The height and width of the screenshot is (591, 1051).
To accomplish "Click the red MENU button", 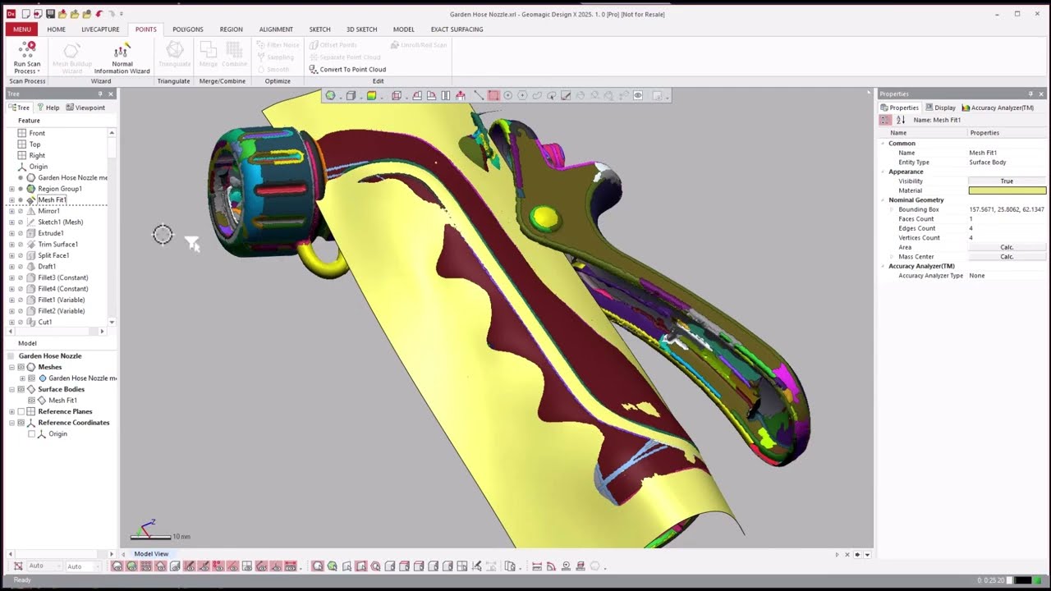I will [21, 29].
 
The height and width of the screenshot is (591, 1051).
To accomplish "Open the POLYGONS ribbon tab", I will [188, 29].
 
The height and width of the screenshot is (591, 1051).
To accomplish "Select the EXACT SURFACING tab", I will [457, 29].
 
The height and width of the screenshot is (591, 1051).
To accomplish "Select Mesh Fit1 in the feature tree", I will [52, 199].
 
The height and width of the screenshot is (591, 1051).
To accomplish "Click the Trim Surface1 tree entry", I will [57, 244].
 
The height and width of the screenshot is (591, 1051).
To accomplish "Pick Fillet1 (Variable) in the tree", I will [61, 300].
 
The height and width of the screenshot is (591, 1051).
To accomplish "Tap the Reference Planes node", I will [65, 411].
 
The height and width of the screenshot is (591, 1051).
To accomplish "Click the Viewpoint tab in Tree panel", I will [85, 108].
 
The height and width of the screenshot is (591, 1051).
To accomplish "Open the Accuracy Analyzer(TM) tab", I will [998, 108].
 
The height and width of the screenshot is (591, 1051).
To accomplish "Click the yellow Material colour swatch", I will [1007, 190].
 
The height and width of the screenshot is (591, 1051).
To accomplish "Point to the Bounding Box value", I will [1006, 209].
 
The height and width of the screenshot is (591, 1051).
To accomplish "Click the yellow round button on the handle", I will [544, 218].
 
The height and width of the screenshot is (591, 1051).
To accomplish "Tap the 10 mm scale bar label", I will [181, 537].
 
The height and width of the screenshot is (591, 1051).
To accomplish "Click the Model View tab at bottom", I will [151, 554].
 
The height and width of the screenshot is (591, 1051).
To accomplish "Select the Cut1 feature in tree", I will [44, 322].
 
